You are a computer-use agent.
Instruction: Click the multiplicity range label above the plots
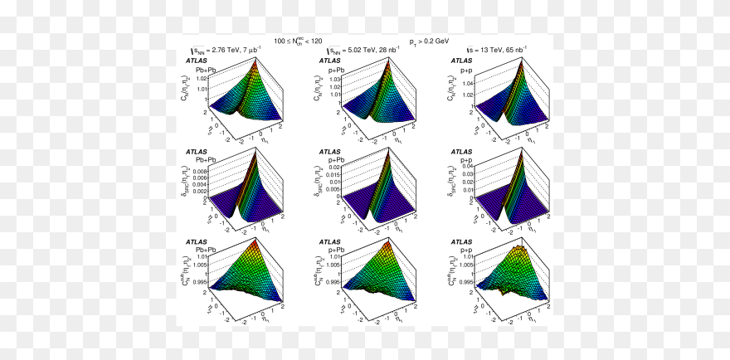tap(299, 40)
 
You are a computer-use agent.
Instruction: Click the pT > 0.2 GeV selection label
tap(429, 40)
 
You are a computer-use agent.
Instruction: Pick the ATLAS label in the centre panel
tap(329, 152)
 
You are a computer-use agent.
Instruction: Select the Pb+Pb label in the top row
tap(206, 70)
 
